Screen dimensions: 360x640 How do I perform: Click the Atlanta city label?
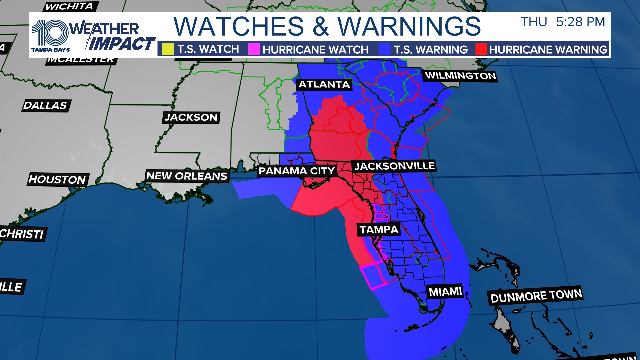pos(324,85)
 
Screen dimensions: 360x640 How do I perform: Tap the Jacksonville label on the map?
pos(394,166)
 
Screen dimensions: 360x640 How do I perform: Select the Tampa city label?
pos(379,230)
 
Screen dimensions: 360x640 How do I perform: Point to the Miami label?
pos(445,292)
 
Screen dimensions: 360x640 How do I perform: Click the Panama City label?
pos(297,171)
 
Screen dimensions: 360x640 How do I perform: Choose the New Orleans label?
pos(187,176)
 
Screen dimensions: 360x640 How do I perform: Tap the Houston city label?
pos(57,180)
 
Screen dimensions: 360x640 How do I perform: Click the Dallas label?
pos(45,106)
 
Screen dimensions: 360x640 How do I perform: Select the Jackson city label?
pos(191,117)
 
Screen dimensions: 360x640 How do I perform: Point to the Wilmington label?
pos(460,76)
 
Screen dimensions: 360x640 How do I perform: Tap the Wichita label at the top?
pos(69,6)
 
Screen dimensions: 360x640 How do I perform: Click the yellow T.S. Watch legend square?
pos(168,49)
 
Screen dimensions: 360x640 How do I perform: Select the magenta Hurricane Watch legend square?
pos(254,49)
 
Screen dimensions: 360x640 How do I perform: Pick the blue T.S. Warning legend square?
pos(384,49)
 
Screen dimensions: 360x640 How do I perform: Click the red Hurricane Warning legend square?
pos(481,49)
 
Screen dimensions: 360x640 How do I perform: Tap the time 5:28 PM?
pos(580,22)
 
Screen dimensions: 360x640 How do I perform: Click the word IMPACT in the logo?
pos(122,44)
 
